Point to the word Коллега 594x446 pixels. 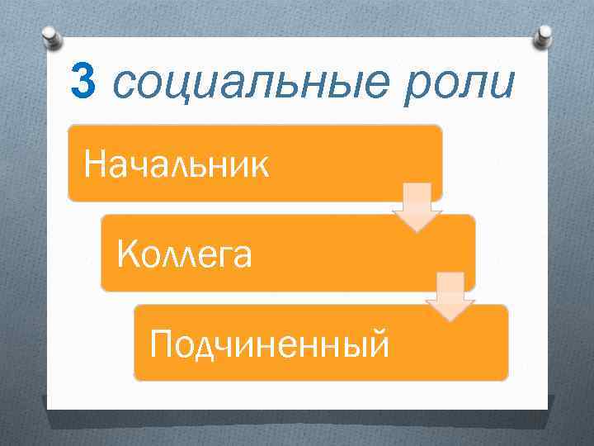(x=185, y=254)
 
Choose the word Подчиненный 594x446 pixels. (x=268, y=342)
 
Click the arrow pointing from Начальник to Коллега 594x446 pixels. (x=417, y=208)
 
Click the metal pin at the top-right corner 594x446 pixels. (x=544, y=35)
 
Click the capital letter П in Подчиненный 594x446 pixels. (x=160, y=342)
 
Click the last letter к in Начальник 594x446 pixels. (x=258, y=166)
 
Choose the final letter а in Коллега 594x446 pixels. (x=241, y=255)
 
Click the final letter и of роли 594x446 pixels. (x=506, y=84)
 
